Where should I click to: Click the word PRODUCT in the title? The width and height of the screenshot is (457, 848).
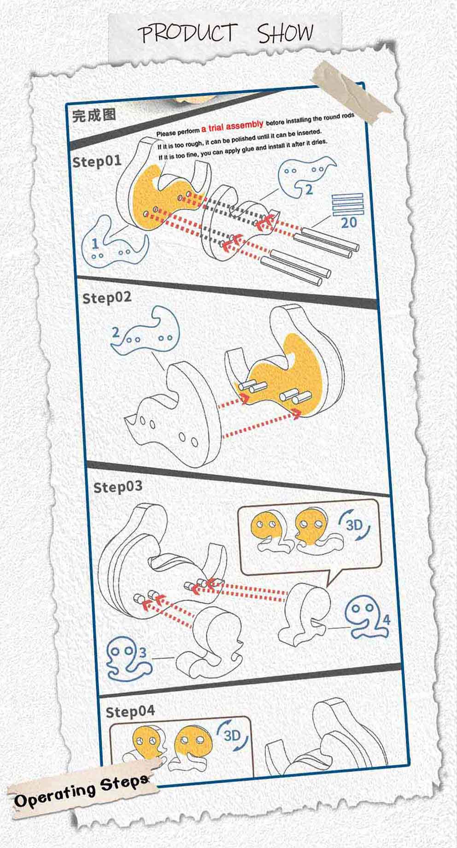187,34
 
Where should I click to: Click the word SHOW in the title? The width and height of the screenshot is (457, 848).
286,33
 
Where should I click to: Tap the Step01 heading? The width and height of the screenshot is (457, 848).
97,161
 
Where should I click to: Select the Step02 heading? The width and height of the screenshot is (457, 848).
107,298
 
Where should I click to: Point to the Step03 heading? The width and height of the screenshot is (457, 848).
118,487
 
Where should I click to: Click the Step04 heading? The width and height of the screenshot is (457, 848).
130,712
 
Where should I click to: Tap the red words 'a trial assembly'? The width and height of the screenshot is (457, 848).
232,126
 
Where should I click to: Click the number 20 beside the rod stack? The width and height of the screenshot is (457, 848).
349,223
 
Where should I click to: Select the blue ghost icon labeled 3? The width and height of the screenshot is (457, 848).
129,659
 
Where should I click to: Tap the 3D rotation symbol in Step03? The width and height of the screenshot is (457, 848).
355,525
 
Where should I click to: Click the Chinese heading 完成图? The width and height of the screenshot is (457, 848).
94,115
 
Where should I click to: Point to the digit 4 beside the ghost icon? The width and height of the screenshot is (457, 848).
386,619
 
